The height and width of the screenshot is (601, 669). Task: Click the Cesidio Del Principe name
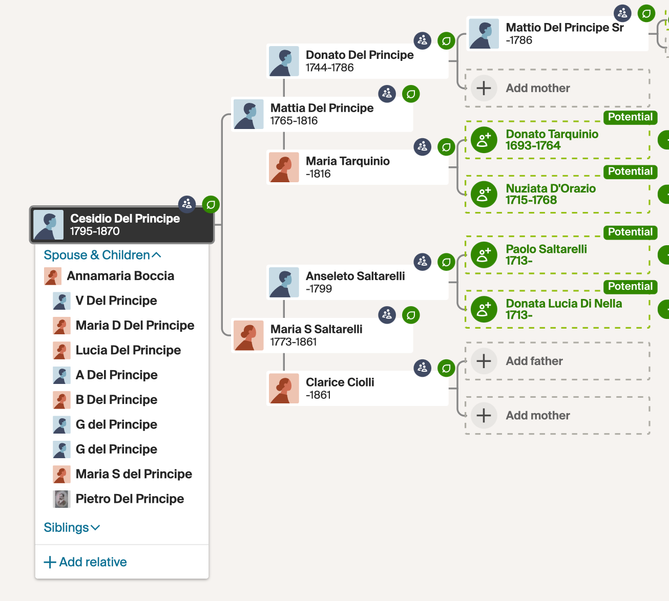pyautogui.click(x=125, y=219)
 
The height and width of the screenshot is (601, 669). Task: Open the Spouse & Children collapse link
pyautogui.click(x=102, y=255)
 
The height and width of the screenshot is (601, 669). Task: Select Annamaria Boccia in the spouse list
pyautogui.click(x=120, y=276)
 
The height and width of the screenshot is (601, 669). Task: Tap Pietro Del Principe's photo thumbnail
pyautogui.click(x=61, y=499)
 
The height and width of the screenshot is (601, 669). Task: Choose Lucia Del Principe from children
pyautogui.click(x=128, y=350)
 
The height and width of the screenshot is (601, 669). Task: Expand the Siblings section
pyautogui.click(x=72, y=528)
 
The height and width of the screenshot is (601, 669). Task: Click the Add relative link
pyautogui.click(x=86, y=562)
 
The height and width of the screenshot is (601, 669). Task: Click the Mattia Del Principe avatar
pyautogui.click(x=248, y=114)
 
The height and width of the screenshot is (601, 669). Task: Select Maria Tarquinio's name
pyautogui.click(x=347, y=161)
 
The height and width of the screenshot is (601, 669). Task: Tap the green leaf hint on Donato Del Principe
pyautogui.click(x=446, y=41)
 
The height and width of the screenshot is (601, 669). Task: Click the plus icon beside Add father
pyautogui.click(x=484, y=361)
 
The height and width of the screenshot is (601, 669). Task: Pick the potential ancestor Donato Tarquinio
pyautogui.click(x=552, y=134)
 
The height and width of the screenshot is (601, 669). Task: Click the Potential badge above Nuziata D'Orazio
pyautogui.click(x=630, y=171)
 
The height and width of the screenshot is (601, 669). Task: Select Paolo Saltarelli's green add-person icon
pyautogui.click(x=484, y=255)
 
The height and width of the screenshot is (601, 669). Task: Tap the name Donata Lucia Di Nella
pyautogui.click(x=563, y=304)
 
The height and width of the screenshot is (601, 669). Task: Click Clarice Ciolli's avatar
pyautogui.click(x=284, y=389)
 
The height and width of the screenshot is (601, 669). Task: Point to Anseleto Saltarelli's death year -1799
pyautogui.click(x=319, y=289)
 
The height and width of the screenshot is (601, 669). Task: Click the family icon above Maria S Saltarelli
pyautogui.click(x=387, y=315)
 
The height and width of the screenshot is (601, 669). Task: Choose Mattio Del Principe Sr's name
pyautogui.click(x=565, y=28)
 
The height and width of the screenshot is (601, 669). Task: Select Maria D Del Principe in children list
pyautogui.click(x=135, y=326)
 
